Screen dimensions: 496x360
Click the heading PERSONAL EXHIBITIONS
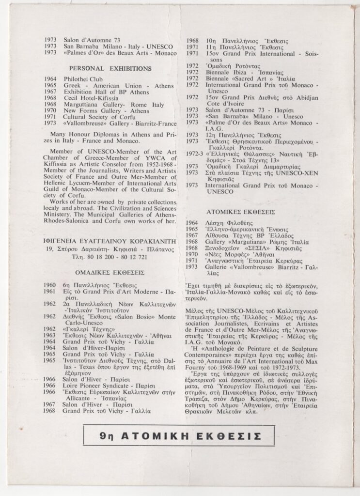click(x=110, y=68)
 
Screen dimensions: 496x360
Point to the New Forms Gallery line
click(x=100, y=110)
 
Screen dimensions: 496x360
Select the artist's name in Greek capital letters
click(x=110, y=239)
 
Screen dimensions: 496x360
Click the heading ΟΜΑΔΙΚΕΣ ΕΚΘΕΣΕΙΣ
click(x=110, y=272)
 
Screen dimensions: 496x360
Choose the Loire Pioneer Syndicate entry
click(x=100, y=386)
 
